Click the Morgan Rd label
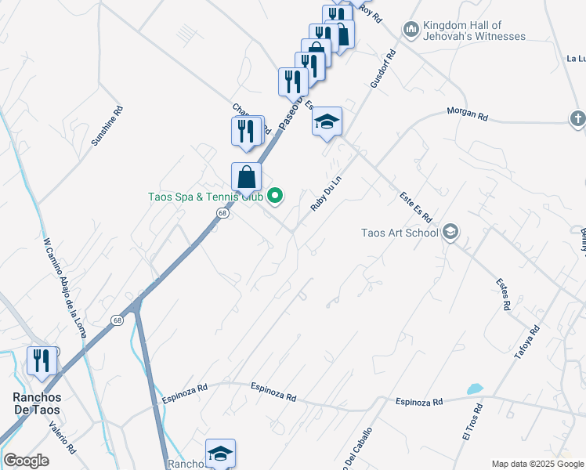[467, 114]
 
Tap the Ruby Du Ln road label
[327, 193]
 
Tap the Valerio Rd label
[62, 438]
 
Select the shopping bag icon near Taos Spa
[246, 177]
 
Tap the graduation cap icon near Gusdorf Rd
[327, 121]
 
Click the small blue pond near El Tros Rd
[475, 389]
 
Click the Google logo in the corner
[26, 461]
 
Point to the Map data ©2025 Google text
[537, 464]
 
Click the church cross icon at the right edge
[577, 117]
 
